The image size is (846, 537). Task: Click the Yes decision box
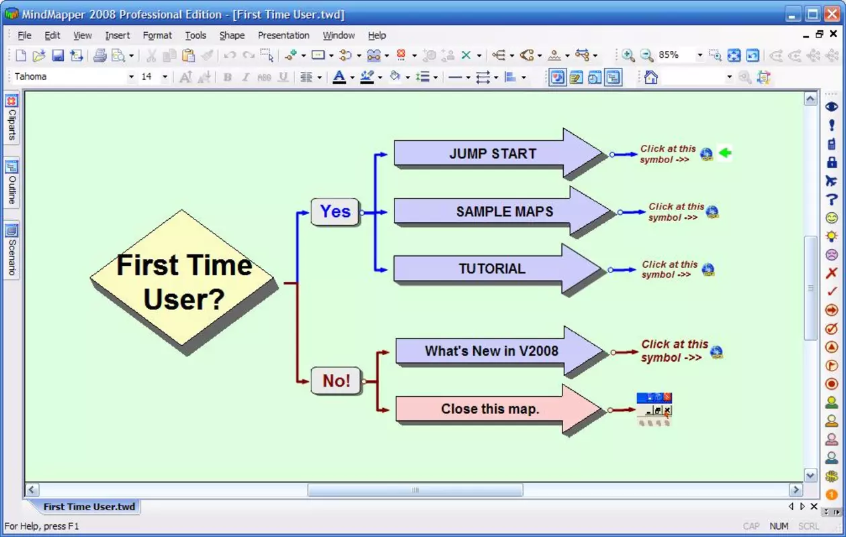tap(335, 211)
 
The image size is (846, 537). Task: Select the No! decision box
tap(336, 381)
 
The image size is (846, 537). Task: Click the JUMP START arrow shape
tap(498, 154)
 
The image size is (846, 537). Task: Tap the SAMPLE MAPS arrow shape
tap(503, 211)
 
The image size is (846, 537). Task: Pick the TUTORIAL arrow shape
tap(497, 268)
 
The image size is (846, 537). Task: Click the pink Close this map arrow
tap(499, 409)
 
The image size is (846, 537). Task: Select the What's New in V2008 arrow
tap(499, 351)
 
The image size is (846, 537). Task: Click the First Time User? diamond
tap(182, 278)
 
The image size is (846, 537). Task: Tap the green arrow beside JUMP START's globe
tap(725, 153)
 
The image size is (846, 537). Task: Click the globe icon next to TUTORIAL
tap(708, 269)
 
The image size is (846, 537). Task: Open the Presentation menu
tap(284, 36)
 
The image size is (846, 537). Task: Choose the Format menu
tap(157, 36)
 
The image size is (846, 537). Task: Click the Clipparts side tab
tap(11, 118)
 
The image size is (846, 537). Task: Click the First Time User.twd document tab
tap(89, 506)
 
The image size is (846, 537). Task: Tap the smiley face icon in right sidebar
tap(832, 217)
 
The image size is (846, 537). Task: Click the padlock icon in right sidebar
tap(832, 162)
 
